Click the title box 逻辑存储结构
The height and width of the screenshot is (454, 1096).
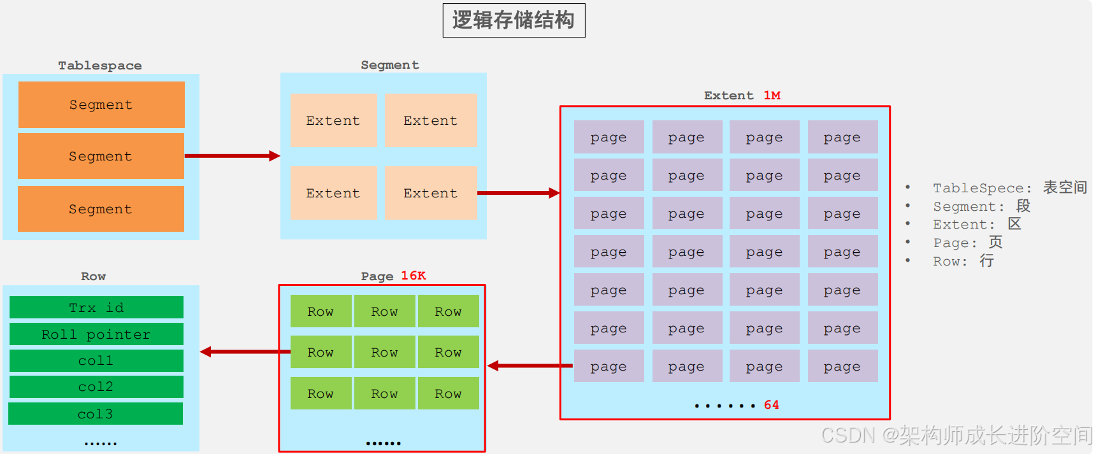point(514,20)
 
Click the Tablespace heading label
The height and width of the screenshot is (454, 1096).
point(100,66)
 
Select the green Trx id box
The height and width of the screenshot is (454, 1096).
point(96,308)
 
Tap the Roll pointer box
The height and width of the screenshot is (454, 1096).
point(96,334)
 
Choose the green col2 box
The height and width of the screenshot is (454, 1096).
point(96,387)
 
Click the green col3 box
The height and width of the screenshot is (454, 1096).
point(96,414)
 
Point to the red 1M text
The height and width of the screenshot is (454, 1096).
point(772,96)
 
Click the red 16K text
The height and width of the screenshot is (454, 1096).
point(413,276)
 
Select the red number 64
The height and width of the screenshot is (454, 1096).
point(771,405)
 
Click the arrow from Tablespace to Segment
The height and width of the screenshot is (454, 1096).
point(232,156)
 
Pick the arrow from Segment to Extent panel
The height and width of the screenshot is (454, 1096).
point(518,193)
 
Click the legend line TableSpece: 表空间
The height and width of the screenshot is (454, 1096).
point(1009,188)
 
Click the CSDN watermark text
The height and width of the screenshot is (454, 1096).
point(956,436)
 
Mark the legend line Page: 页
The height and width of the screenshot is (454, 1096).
point(967,243)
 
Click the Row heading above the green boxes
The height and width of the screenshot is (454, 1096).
point(93,276)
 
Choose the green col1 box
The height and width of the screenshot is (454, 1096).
point(96,360)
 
